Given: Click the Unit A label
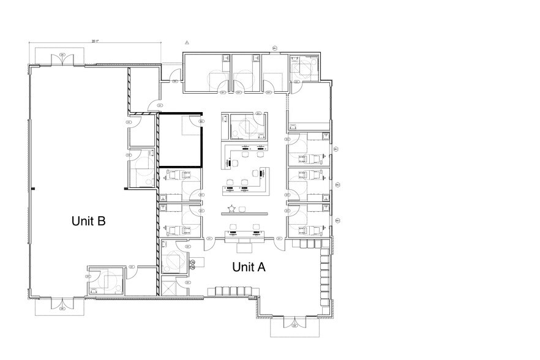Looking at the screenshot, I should [248, 267].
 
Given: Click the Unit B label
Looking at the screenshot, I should [89, 221].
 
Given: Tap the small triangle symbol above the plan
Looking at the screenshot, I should [187, 43].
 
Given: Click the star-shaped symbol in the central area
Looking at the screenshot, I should [231, 209].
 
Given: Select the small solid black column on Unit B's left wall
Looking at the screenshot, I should [34, 188].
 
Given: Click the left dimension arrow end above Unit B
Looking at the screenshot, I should [29, 43].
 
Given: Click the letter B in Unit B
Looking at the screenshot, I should [101, 221].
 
